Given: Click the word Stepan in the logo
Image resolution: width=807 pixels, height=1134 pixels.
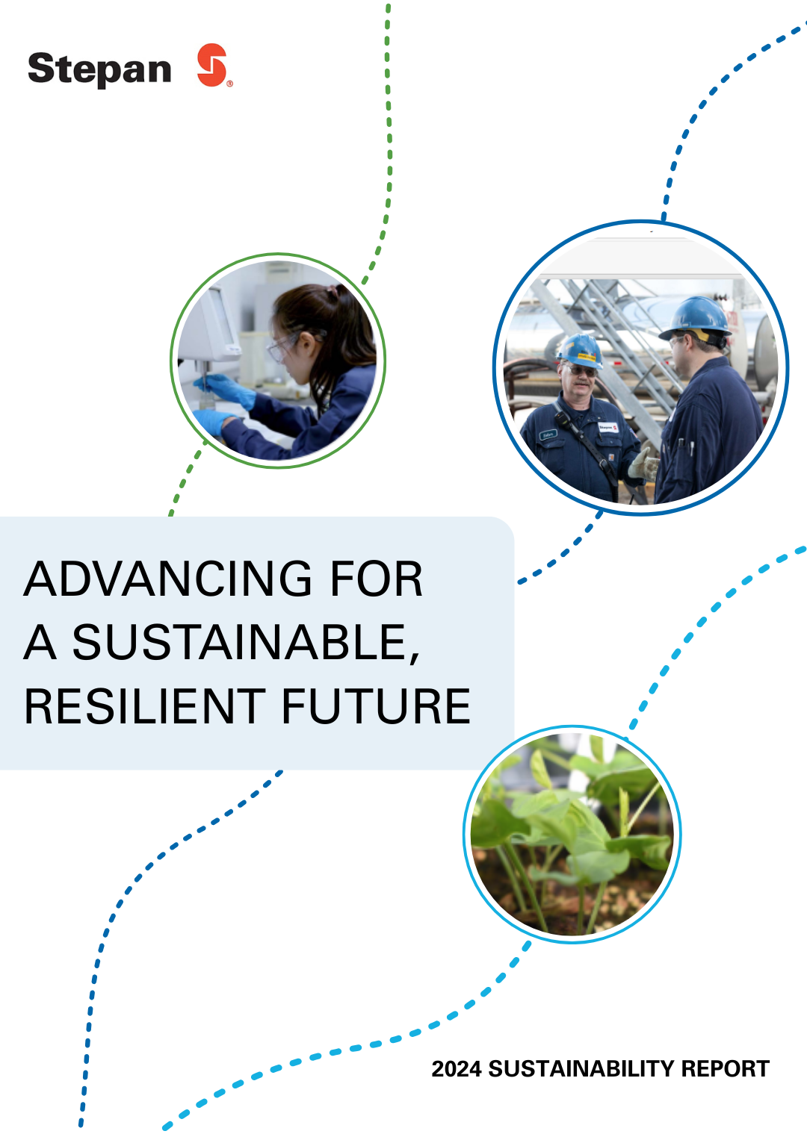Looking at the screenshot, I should click(x=99, y=69).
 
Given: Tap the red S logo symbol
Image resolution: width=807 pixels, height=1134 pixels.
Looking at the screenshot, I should click(x=212, y=65).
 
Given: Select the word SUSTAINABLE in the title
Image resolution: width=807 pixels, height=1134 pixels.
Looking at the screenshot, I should click(x=239, y=643).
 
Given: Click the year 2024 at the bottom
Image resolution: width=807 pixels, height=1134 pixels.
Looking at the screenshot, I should click(x=456, y=1069).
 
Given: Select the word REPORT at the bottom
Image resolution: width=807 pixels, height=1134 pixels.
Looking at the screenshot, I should click(x=725, y=1069).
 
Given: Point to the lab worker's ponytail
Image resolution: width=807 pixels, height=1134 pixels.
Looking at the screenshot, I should click(x=351, y=314).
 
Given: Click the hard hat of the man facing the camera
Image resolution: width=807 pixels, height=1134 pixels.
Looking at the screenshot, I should click(x=580, y=349).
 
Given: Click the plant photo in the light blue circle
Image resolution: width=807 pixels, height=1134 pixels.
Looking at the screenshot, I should click(x=572, y=834).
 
